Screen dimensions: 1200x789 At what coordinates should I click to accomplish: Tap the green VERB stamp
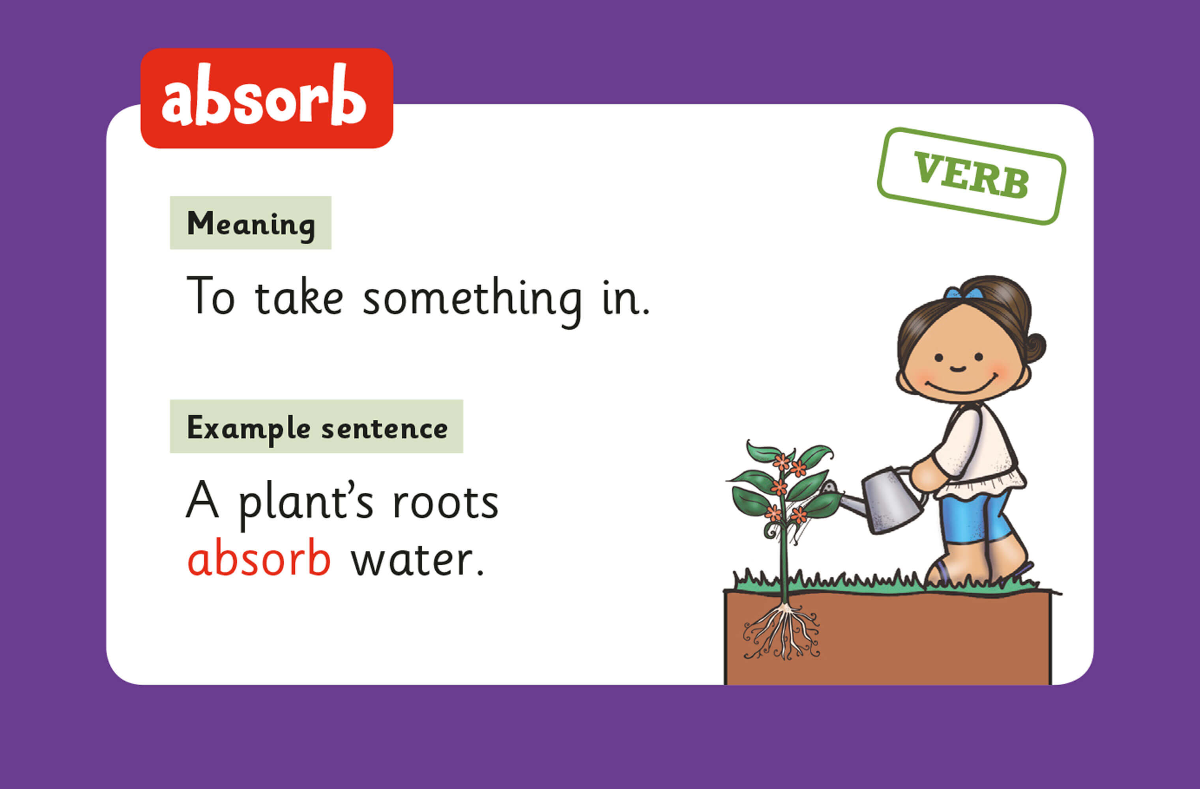tap(971, 176)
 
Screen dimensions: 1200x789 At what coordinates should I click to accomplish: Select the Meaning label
tap(251, 223)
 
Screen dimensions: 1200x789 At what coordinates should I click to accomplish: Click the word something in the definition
tap(472, 299)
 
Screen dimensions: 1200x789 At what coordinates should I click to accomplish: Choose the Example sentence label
tap(316, 426)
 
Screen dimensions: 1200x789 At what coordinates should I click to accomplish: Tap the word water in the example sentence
tap(418, 560)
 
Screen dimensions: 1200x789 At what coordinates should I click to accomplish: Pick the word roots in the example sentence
tap(446, 503)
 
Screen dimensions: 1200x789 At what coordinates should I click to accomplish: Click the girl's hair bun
tap(1033, 348)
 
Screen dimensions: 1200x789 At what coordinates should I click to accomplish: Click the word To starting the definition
tap(210, 296)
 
